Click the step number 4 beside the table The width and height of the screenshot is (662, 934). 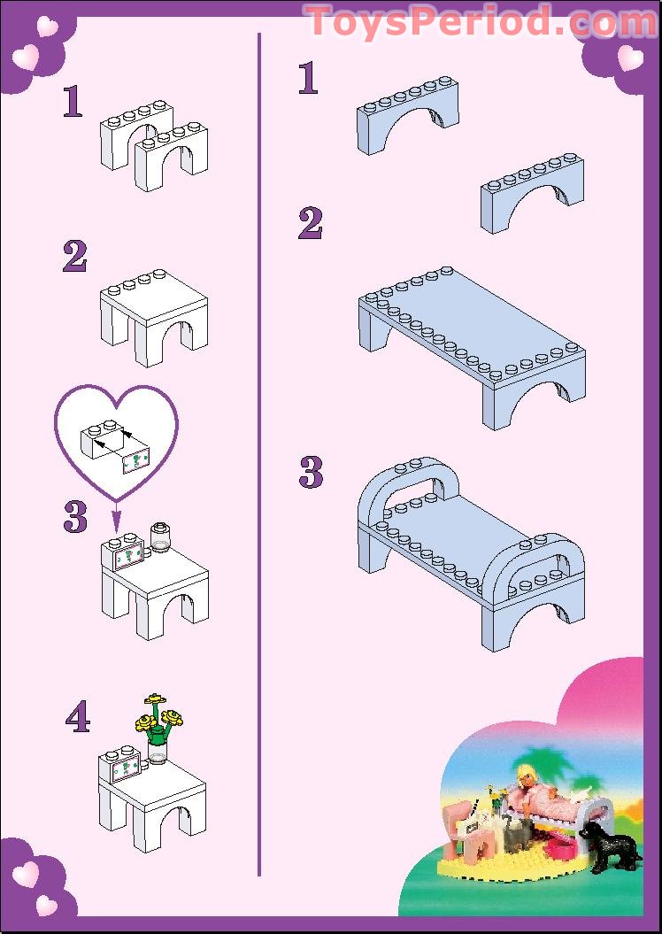[78, 718]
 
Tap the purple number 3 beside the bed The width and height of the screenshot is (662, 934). [311, 473]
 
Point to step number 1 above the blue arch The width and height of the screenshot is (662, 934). [308, 79]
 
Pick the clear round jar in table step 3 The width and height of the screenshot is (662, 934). [161, 536]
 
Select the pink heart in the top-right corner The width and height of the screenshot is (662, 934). [630, 58]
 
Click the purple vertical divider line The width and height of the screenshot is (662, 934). [258, 443]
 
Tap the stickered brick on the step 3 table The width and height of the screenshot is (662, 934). [127, 552]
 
